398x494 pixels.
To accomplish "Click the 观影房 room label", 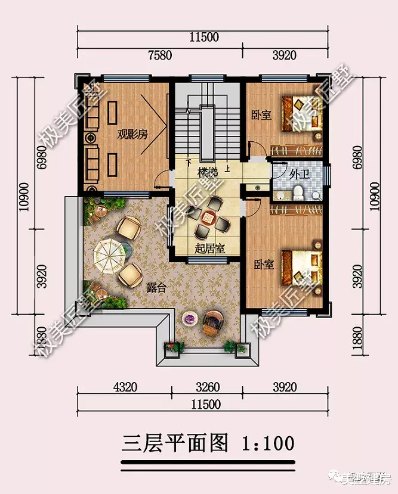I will point(132,135).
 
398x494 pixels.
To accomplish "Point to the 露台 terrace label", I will point(156,285).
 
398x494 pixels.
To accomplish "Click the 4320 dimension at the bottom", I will point(125,387).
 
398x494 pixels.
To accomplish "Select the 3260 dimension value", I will point(207,387).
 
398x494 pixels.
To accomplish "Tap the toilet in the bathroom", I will point(299,192).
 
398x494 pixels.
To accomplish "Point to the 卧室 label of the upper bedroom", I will point(261,114).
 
